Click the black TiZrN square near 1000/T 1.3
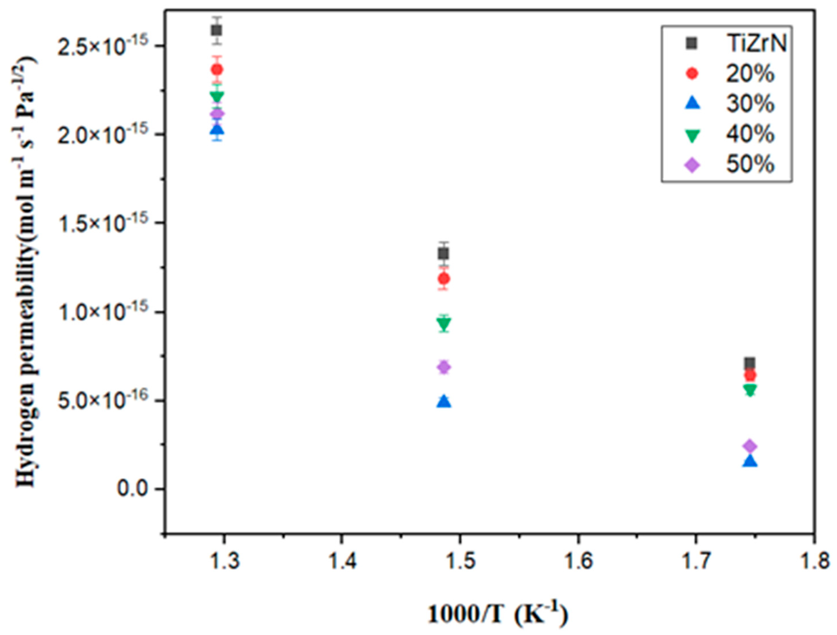click(216, 30)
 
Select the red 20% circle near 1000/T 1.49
click(444, 279)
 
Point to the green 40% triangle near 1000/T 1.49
click(444, 323)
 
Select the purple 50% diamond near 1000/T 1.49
click(444, 367)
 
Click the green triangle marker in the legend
click(693, 135)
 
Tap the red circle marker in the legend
click(692, 73)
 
